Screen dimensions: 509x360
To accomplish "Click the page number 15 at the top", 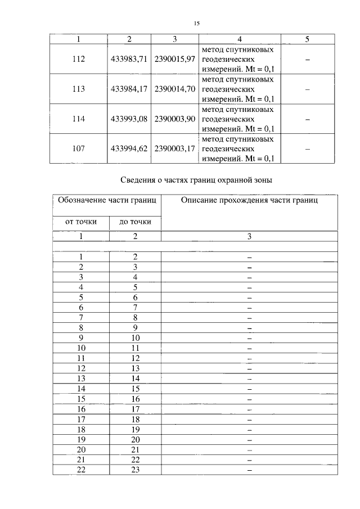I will click(197, 23).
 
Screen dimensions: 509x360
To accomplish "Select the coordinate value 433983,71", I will click(129, 59).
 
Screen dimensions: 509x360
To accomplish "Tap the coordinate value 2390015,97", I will click(174, 59).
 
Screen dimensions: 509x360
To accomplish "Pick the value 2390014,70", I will click(174, 89).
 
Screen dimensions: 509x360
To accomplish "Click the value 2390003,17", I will click(174, 148).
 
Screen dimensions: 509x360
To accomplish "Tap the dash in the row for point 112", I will click(307, 59).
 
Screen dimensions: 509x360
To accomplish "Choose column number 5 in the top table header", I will click(307, 39).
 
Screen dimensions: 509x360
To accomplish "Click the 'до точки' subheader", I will click(135, 222).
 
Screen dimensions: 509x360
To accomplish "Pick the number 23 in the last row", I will click(135, 470).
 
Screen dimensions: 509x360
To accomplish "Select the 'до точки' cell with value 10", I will click(135, 337).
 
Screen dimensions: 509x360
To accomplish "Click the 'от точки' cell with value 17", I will click(81, 419).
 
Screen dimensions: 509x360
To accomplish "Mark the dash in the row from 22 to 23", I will click(249, 470).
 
